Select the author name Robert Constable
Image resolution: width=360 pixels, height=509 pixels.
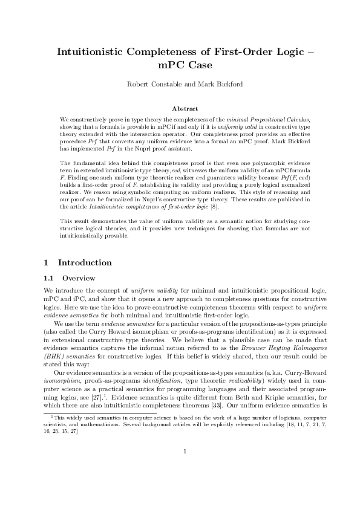pos(152,84)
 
